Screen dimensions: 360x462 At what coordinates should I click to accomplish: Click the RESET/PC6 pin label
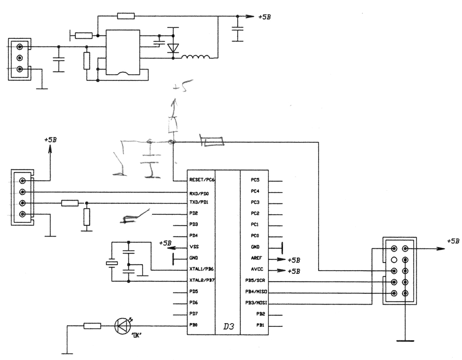point(202,180)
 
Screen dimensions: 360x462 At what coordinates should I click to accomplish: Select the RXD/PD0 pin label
point(199,193)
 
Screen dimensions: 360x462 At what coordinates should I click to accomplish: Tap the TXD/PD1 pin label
point(199,202)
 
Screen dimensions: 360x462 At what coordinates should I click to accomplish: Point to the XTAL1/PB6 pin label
point(201,269)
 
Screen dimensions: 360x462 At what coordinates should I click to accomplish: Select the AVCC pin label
point(257,270)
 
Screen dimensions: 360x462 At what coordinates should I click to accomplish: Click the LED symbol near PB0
point(122,325)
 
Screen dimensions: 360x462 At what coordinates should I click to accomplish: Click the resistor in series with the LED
point(92,325)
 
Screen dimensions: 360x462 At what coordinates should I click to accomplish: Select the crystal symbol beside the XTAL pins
point(111,263)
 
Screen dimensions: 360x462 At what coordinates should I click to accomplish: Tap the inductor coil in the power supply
point(195,58)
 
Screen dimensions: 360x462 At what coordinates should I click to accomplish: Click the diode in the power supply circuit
point(173,48)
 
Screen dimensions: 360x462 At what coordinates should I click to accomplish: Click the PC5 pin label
point(255,180)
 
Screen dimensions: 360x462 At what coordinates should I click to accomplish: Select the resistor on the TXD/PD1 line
point(70,203)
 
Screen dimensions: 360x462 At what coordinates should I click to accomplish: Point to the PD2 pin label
point(194,214)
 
